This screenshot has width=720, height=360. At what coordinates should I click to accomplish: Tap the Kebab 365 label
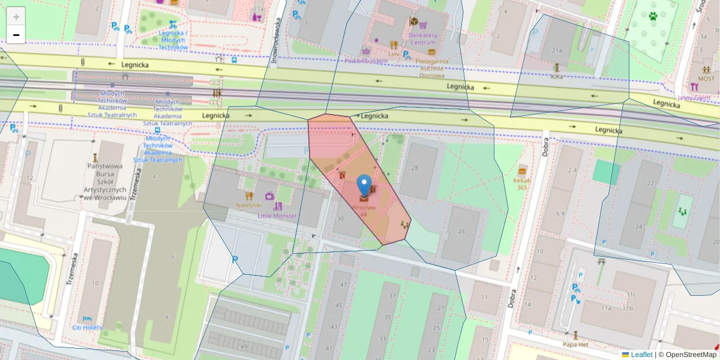[x=522, y=183]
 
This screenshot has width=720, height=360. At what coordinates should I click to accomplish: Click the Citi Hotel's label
[x=87, y=327]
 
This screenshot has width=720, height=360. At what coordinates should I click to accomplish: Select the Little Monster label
[x=277, y=215]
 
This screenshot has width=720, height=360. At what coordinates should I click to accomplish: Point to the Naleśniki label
[x=250, y=205]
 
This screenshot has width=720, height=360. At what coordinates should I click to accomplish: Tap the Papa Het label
[x=575, y=344]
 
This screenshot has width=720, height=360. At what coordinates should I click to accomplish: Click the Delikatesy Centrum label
[x=422, y=38]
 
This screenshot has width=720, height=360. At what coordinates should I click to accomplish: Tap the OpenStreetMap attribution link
[x=690, y=355]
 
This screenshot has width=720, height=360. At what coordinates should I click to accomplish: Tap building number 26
[x=461, y=232]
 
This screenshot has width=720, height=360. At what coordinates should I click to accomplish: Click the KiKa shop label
[x=557, y=77]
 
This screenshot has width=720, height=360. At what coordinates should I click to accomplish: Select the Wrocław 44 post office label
[x=364, y=211]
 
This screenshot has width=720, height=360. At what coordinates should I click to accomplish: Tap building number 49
[x=243, y=347]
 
